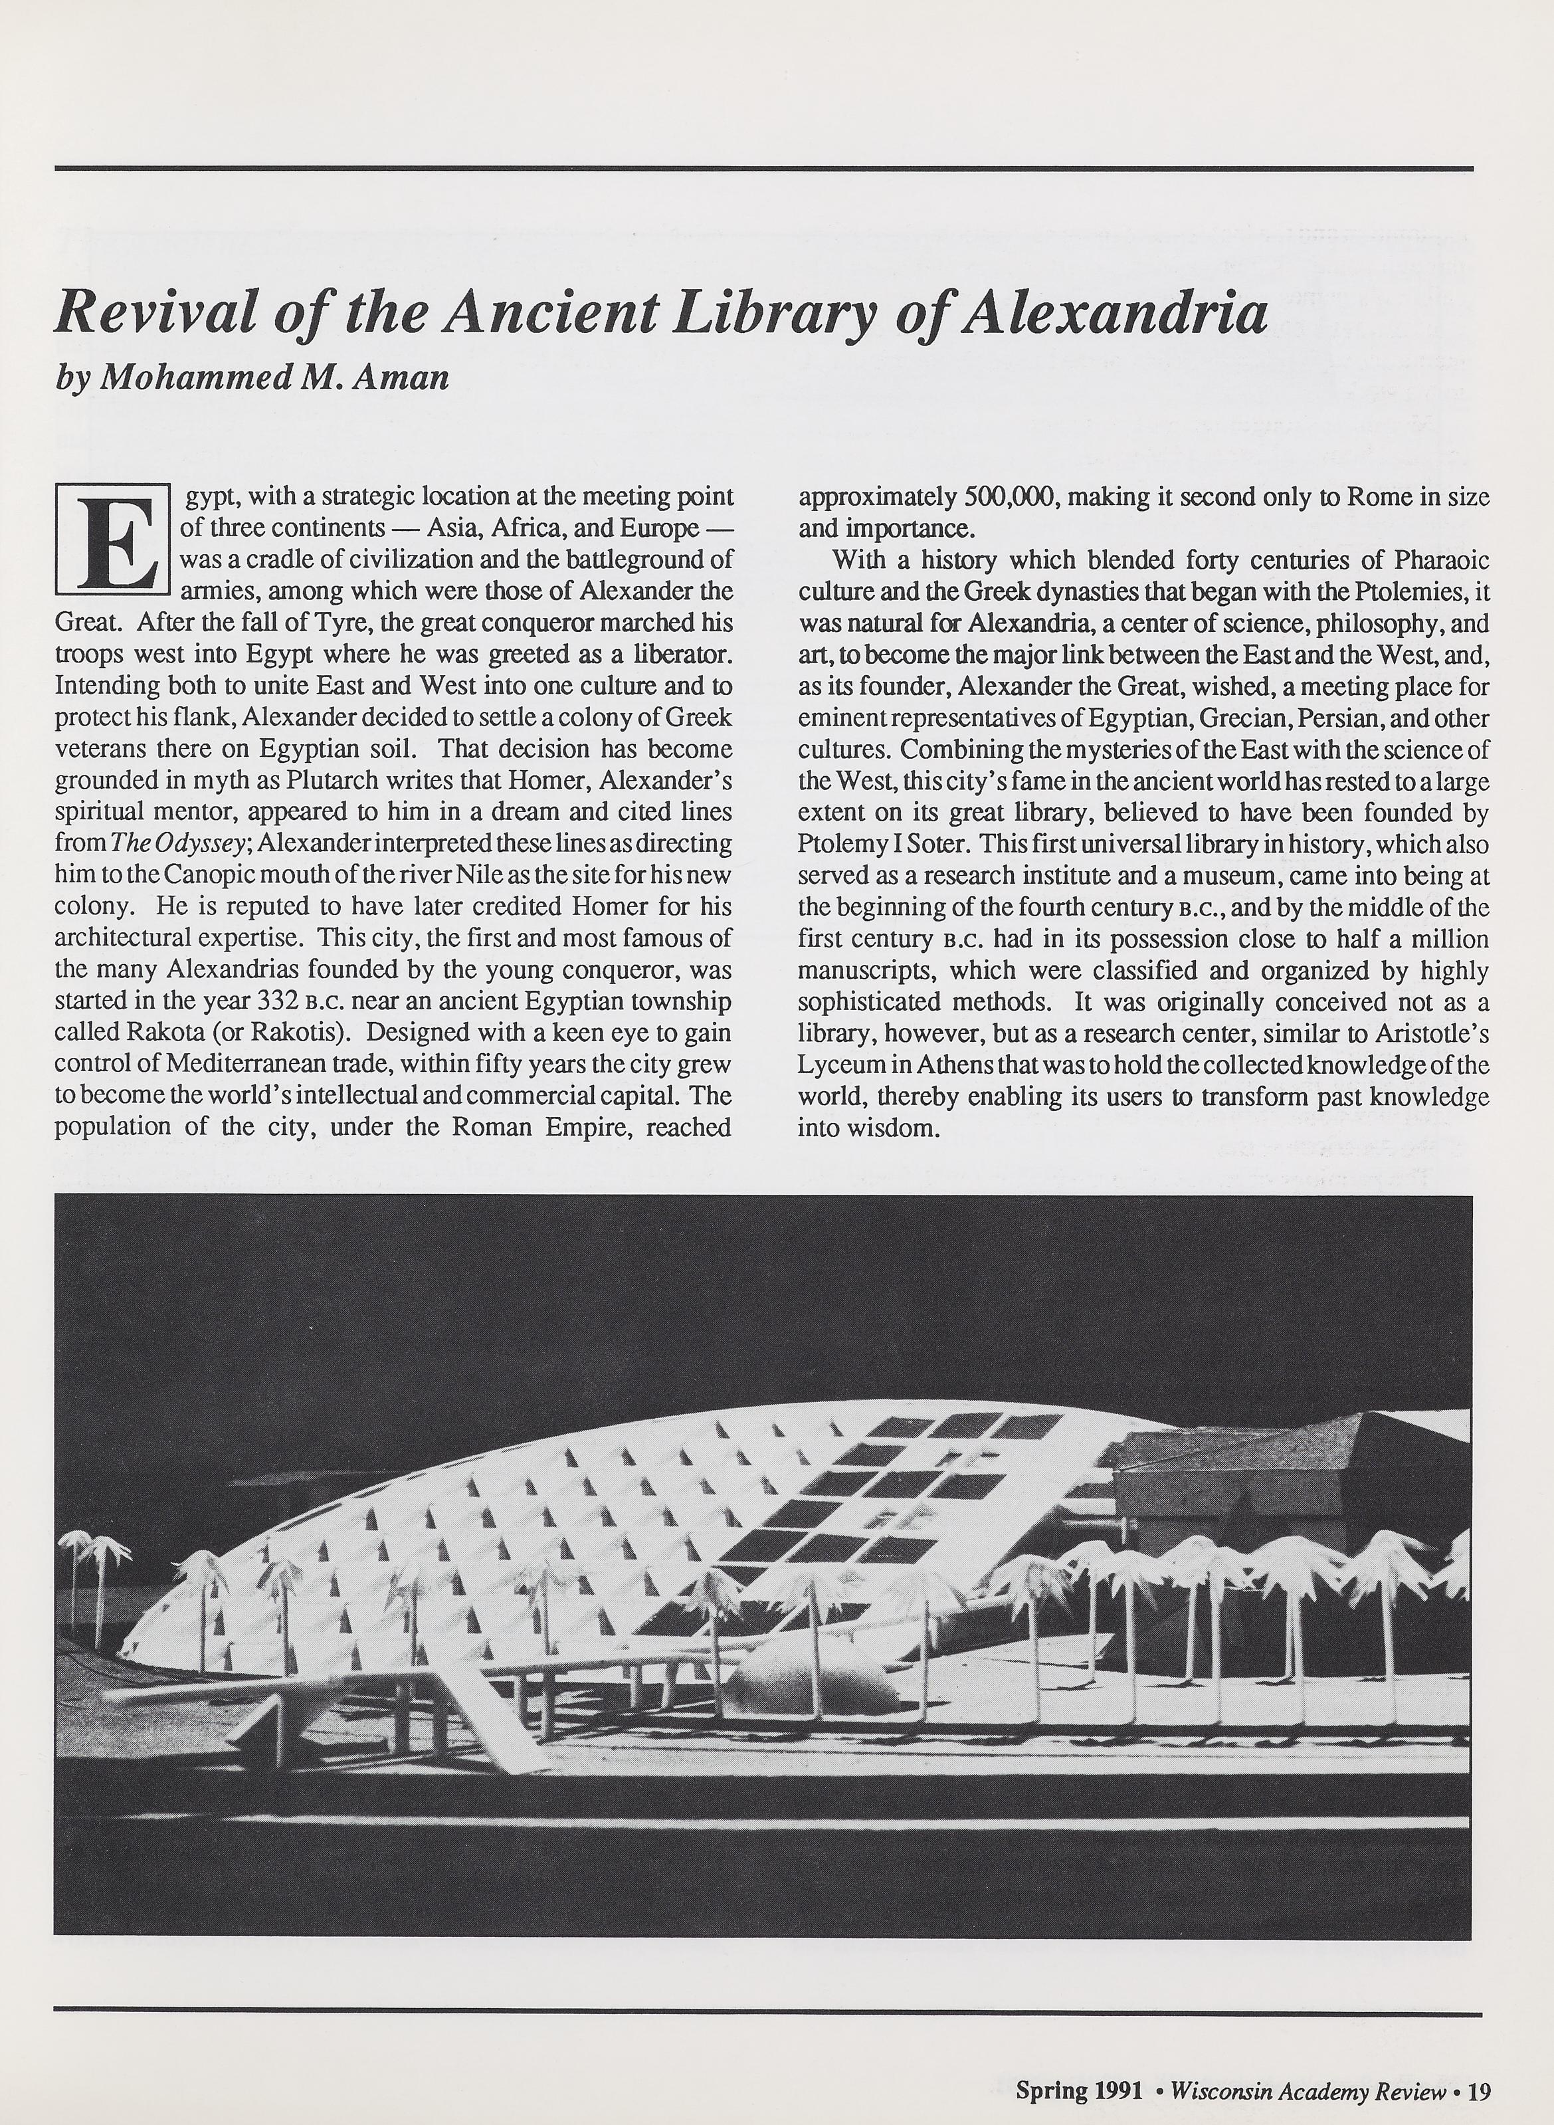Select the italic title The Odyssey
click(169, 844)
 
